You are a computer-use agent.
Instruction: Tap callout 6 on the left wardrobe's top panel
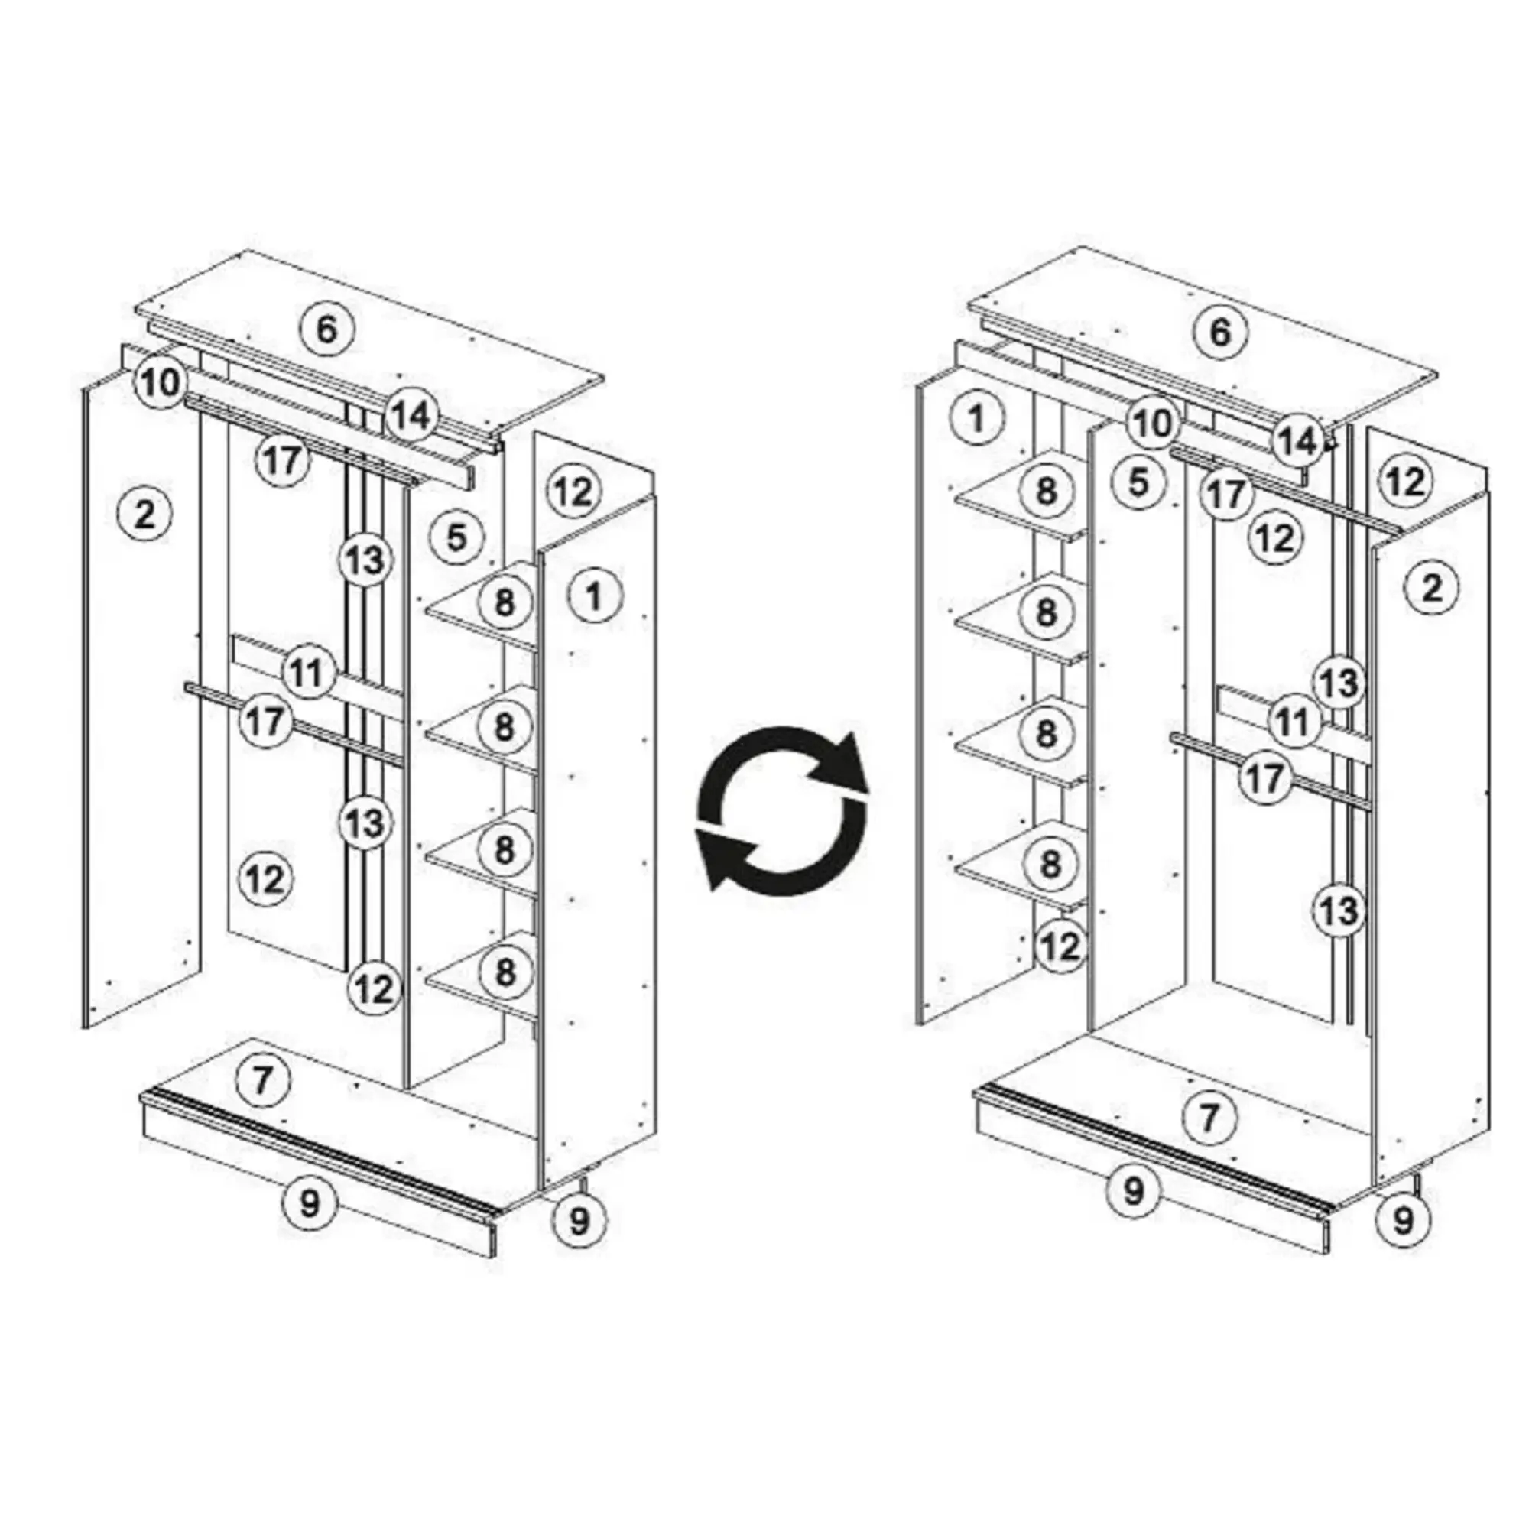[326, 329]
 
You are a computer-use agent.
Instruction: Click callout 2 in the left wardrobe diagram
[144, 515]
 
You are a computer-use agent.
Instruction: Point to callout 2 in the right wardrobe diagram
[1432, 588]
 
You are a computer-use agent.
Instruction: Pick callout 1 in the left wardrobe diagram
[593, 595]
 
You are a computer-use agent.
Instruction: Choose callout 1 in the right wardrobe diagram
[976, 418]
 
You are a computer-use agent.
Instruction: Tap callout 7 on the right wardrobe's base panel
[1209, 1118]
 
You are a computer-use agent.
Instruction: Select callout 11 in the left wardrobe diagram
[307, 673]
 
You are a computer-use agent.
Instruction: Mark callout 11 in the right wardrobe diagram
[1295, 721]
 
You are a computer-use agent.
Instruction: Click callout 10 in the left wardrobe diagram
[161, 383]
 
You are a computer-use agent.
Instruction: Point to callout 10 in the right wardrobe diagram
[1152, 423]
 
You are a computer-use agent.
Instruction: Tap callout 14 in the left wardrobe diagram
[411, 414]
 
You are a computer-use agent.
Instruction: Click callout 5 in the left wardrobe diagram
[456, 538]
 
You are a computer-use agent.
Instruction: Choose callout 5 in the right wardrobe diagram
[1138, 481]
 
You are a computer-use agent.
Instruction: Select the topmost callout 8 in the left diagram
[504, 603]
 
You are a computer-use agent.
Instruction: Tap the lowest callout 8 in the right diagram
[1050, 862]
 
